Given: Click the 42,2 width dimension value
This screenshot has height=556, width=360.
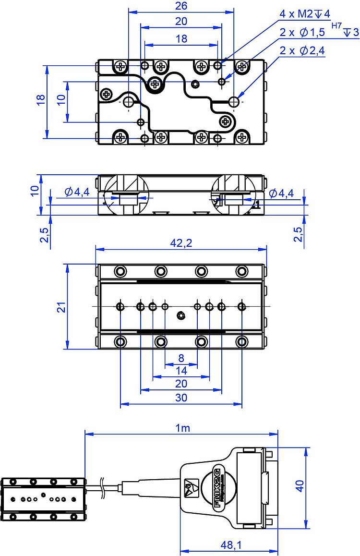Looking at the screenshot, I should pyautogui.click(x=181, y=243).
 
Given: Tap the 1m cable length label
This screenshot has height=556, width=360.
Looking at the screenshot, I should pyautogui.click(x=182, y=428).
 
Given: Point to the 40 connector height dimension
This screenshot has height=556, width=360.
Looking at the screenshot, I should pyautogui.click(x=300, y=487).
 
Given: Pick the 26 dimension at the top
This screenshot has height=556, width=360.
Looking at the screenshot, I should pyautogui.click(x=181, y=6).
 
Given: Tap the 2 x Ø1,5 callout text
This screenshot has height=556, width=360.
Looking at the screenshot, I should pyautogui.click(x=302, y=33).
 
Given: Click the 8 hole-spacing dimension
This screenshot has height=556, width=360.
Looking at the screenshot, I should pyautogui.click(x=181, y=358).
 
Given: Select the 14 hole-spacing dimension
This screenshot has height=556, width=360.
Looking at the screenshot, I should pyautogui.click(x=181, y=371).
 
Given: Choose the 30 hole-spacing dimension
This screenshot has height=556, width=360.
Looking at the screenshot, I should pyautogui.click(x=181, y=398).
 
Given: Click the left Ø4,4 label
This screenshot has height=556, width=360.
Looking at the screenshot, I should pyautogui.click(x=77, y=193).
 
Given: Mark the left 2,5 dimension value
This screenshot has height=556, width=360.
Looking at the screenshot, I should pyautogui.click(x=44, y=235).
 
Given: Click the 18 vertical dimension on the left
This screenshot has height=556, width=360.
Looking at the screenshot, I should pyautogui.click(x=41, y=99).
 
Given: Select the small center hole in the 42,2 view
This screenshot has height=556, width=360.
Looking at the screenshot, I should pyautogui.click(x=181, y=315).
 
